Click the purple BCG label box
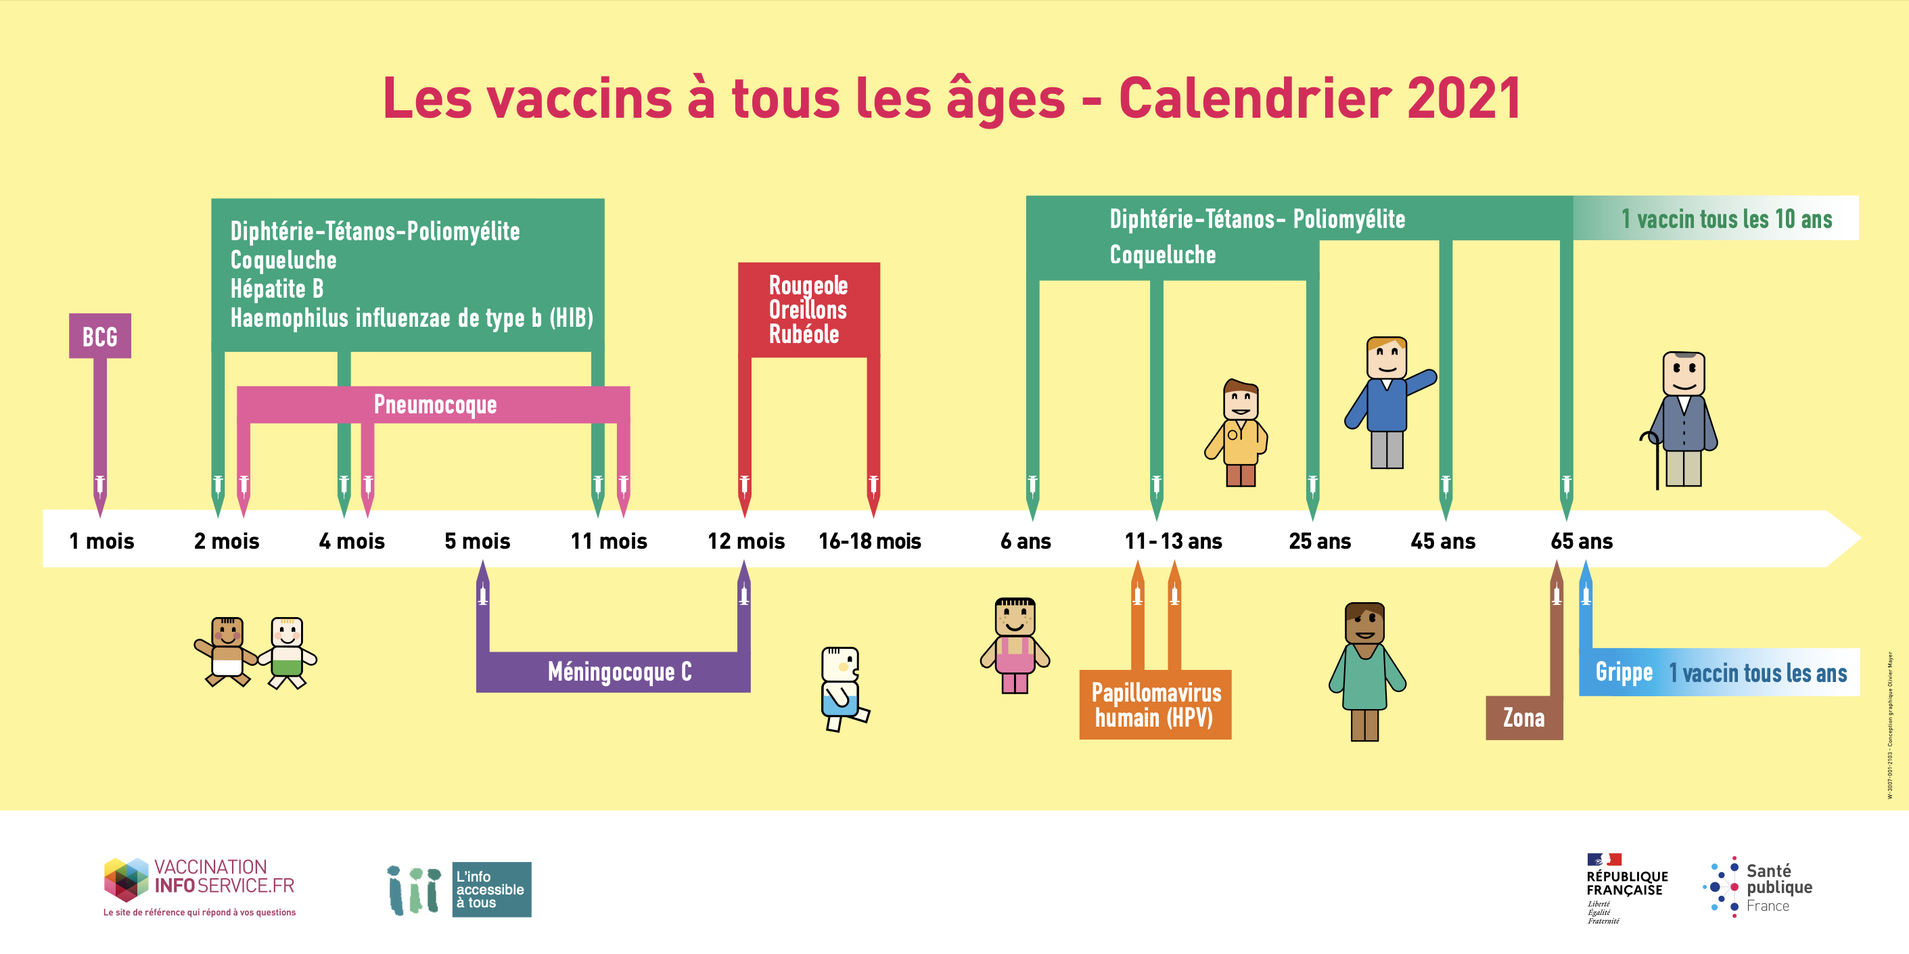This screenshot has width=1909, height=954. [100, 336]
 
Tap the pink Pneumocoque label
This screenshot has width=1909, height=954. [435, 405]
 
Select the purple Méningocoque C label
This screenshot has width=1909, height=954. [620, 672]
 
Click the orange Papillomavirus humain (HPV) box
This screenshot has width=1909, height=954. [1155, 704]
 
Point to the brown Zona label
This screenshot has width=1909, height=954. [1523, 718]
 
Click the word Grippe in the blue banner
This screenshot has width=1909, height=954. [1624, 672]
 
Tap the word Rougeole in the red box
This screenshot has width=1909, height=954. [808, 286]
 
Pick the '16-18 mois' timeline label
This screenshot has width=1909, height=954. [869, 541]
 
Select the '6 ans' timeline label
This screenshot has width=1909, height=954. [1026, 541]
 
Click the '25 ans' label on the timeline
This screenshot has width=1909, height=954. [1320, 541]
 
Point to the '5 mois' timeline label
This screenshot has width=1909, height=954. [478, 541]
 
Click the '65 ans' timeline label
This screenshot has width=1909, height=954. [1582, 541]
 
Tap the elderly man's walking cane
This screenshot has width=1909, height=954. [1655, 459]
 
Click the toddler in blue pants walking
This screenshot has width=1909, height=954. [844, 689]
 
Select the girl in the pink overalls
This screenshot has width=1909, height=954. [1015, 645]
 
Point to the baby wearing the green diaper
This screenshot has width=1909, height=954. [287, 652]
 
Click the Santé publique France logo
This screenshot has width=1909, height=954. [1758, 887]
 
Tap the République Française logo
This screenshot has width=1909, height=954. [1627, 888]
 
